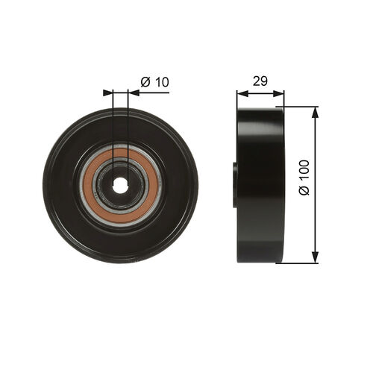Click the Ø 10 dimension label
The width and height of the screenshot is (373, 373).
[154, 82]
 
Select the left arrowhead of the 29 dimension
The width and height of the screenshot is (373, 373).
[239, 93]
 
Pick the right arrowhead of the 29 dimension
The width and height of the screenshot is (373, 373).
[280, 93]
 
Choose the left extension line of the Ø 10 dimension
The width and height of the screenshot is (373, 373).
[113, 119]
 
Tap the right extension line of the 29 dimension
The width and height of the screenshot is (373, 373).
[284, 98]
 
